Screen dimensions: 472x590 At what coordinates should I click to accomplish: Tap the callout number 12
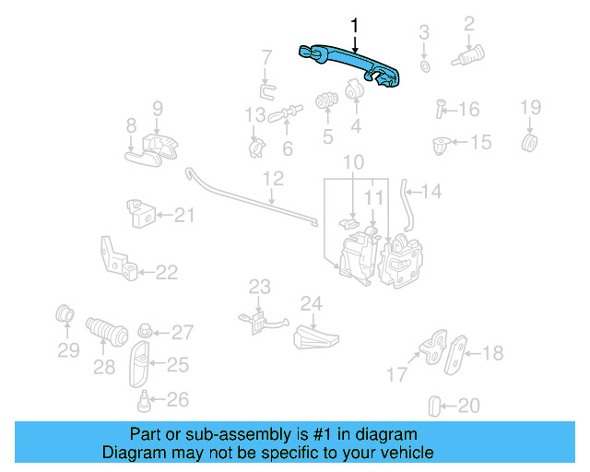pos(273,178)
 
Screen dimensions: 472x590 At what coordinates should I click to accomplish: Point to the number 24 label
pos(311,304)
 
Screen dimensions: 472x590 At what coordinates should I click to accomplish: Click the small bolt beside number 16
pos(441,110)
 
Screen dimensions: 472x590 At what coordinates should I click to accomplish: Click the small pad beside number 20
pos(436,405)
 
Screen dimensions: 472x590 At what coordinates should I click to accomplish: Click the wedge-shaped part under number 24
pos(313,336)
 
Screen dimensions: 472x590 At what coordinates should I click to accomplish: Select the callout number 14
pos(432,193)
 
